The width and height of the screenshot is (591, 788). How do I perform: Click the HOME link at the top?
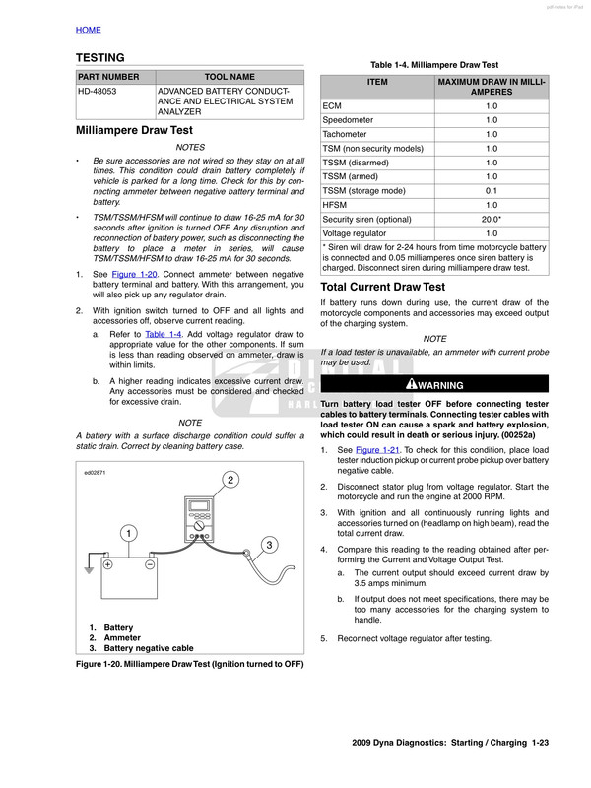(88, 30)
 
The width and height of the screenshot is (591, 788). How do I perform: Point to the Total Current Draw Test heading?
(383, 287)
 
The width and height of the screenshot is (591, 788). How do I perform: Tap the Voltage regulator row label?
(356, 231)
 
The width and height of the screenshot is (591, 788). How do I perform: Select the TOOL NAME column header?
(229, 76)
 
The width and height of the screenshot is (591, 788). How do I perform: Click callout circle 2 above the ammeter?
(229, 480)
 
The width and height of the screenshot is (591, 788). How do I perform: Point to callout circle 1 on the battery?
(128, 533)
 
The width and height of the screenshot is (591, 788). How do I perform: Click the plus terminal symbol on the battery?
(108, 565)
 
